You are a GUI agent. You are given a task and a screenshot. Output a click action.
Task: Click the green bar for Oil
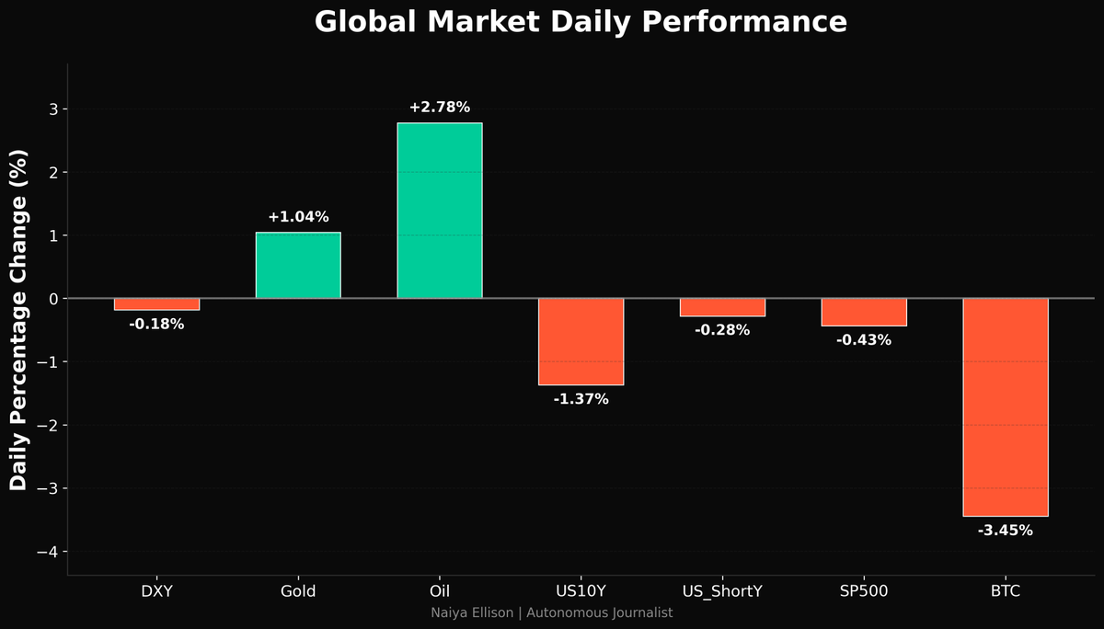pyautogui.click(x=439, y=211)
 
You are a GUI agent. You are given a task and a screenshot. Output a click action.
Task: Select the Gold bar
pyautogui.click(x=298, y=265)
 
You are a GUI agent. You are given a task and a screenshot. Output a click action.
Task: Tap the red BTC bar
pyautogui.click(x=1005, y=407)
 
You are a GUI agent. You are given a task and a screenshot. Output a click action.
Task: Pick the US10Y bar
pyautogui.click(x=581, y=341)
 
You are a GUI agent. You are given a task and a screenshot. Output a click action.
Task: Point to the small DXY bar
pyautogui.click(x=156, y=304)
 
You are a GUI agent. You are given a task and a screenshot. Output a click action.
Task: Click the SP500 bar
pyautogui.click(x=864, y=313)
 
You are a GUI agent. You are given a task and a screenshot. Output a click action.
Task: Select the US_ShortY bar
pyautogui.click(x=722, y=307)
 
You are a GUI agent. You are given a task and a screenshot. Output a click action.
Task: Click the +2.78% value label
pyautogui.click(x=439, y=108)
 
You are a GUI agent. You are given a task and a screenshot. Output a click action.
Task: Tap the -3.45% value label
pyautogui.click(x=1005, y=531)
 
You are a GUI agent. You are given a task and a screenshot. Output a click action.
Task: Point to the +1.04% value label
pyautogui.click(x=298, y=217)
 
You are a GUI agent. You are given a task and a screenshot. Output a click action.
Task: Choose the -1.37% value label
pyautogui.click(x=581, y=399)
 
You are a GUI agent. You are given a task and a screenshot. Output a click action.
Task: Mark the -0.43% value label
pyautogui.click(x=864, y=340)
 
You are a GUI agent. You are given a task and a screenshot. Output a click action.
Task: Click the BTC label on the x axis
pyautogui.click(x=1005, y=591)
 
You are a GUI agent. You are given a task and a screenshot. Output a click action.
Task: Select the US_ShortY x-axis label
pyautogui.click(x=722, y=591)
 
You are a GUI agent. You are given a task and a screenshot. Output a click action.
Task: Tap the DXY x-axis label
pyautogui.click(x=156, y=591)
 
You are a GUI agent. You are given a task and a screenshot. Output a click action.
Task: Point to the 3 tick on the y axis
pyautogui.click(x=52, y=109)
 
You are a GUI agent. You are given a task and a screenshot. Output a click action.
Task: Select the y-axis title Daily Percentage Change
pyautogui.click(x=19, y=319)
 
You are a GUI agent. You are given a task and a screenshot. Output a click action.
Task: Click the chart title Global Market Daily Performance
pyautogui.click(x=581, y=22)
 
